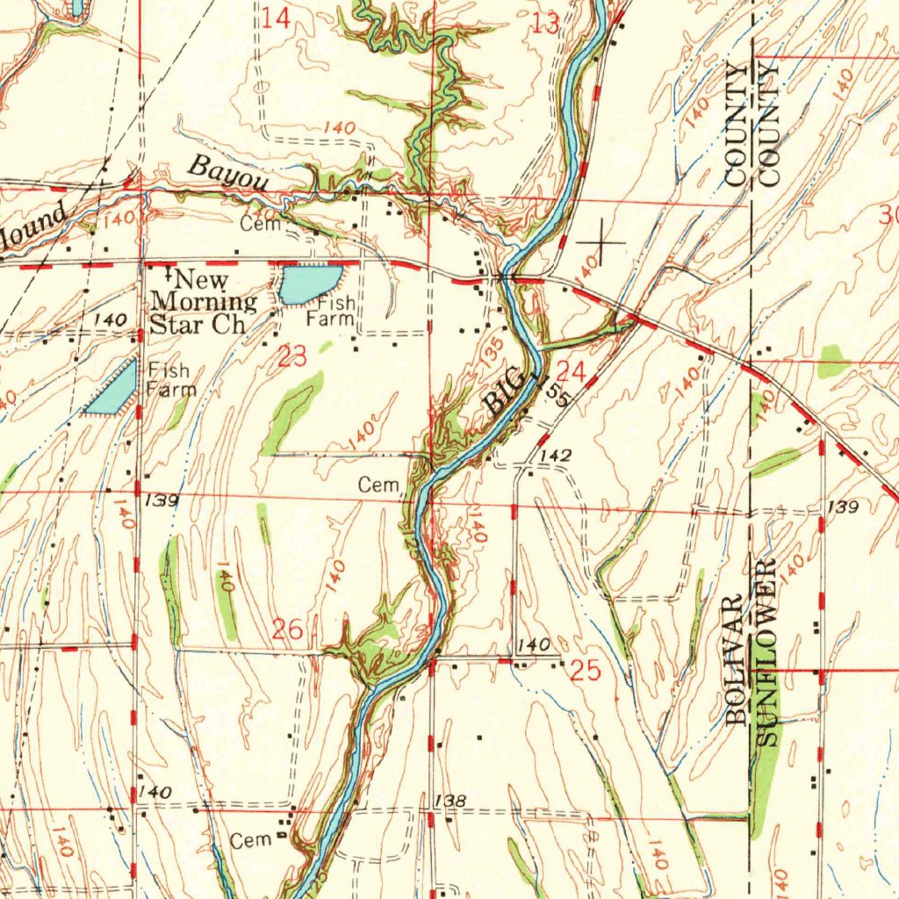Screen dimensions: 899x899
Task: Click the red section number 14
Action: tap(277, 18)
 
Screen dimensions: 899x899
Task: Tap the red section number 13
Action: tap(545, 24)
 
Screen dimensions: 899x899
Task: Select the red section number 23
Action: tap(292, 356)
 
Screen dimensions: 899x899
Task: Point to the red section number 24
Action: tap(571, 372)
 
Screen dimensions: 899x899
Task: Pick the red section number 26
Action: tap(288, 629)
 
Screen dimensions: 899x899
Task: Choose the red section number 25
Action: tap(586, 672)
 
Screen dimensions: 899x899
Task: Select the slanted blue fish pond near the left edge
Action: tap(112, 389)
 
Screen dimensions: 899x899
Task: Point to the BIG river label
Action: tap(507, 392)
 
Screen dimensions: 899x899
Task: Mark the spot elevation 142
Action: tap(557, 455)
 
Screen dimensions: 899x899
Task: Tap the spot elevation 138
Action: tap(449, 801)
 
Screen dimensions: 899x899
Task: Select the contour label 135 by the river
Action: tap(493, 349)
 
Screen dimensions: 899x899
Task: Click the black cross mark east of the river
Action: tap(601, 241)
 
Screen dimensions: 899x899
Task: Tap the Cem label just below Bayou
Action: tap(261, 224)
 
